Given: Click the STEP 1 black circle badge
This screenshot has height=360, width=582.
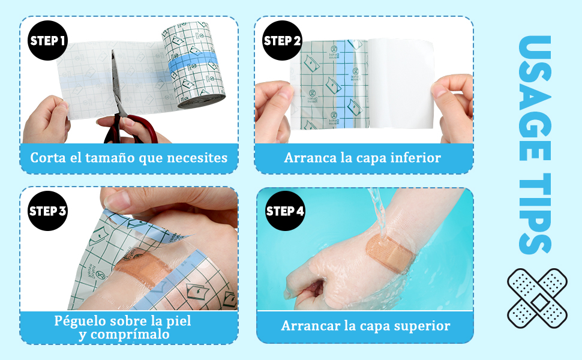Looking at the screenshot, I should point(47,41).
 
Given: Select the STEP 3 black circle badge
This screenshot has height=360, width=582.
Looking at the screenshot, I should point(47,211).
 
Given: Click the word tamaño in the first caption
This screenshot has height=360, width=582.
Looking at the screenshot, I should point(109,158).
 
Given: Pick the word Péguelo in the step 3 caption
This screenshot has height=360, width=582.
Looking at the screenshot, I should point(80,321).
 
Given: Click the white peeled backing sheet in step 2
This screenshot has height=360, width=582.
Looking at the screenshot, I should point(402,84).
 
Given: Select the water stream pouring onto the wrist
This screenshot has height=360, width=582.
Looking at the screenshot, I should point(377,210).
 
